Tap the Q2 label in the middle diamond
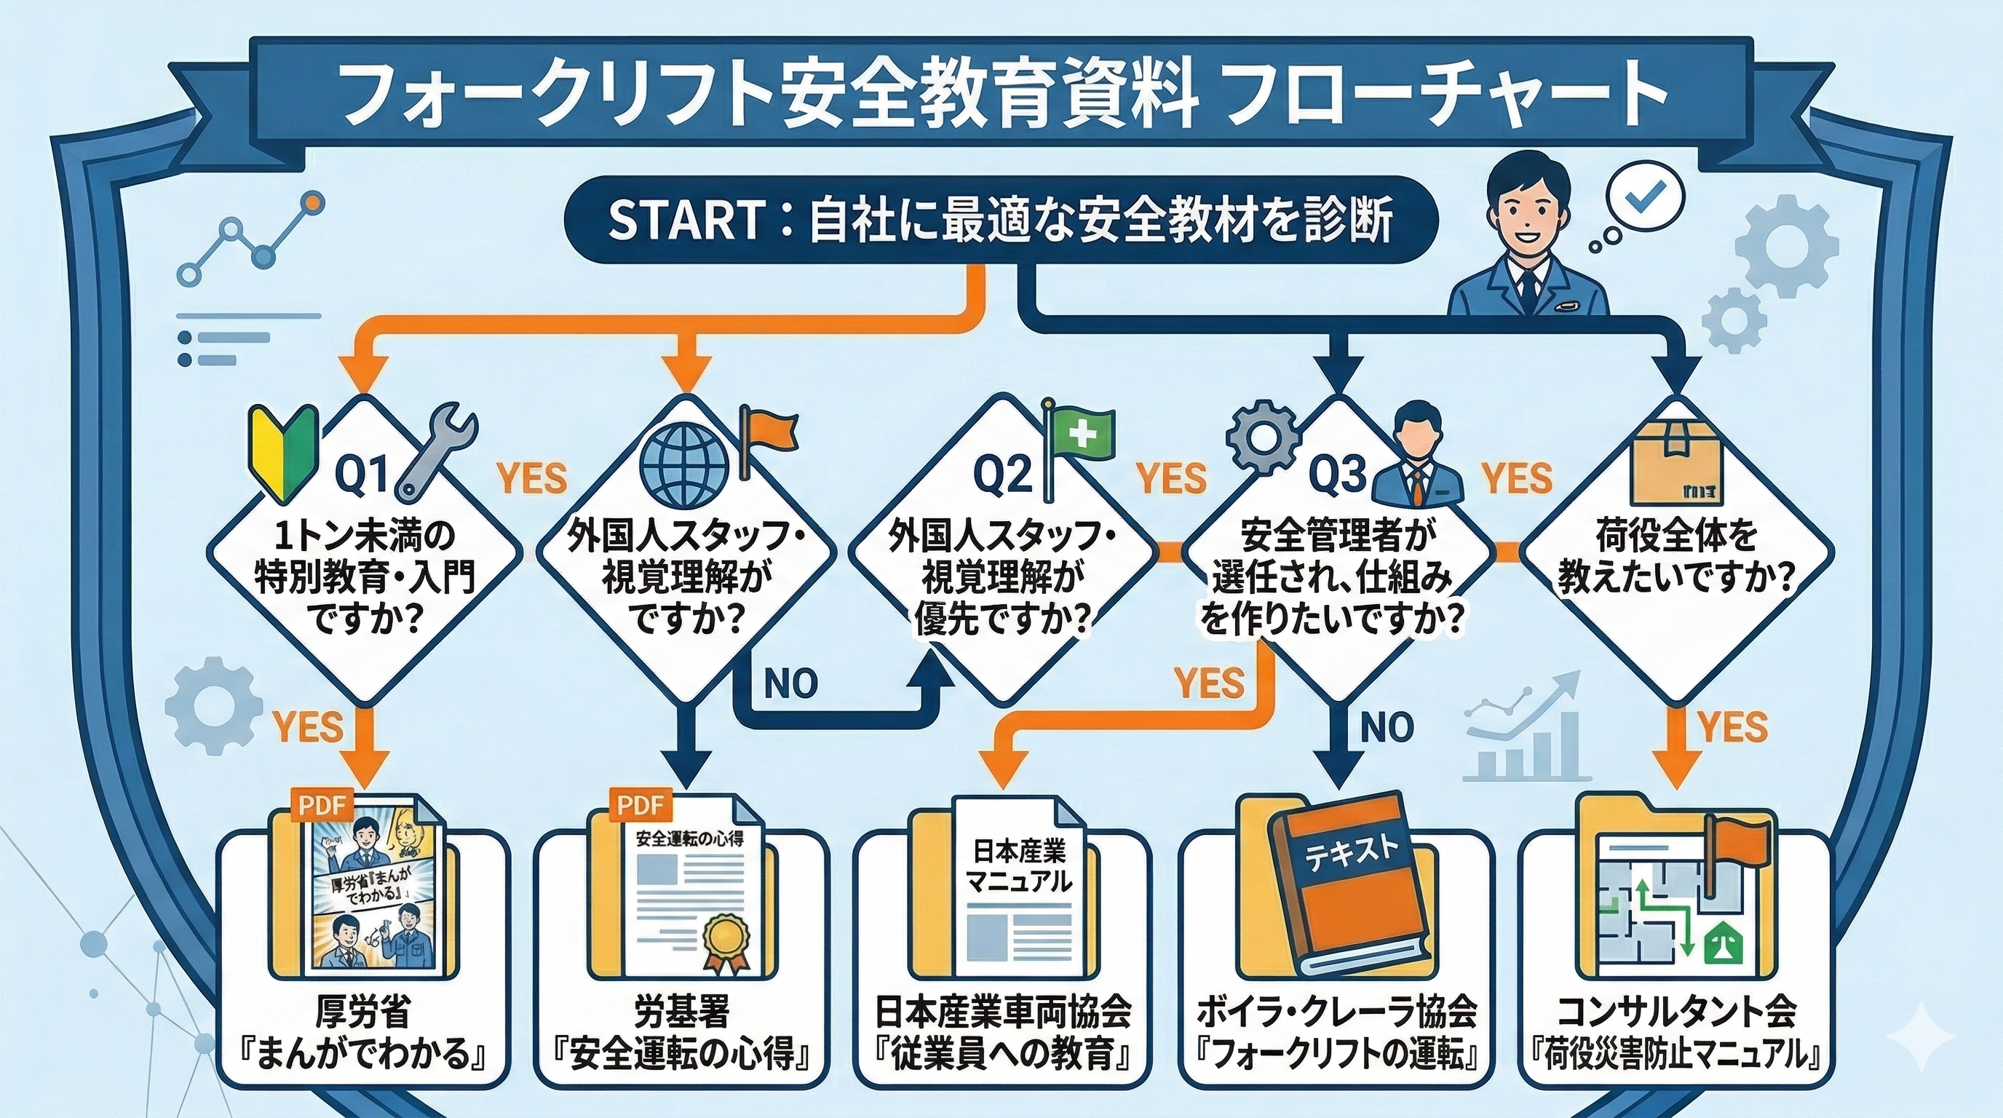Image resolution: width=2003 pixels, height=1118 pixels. pyautogui.click(x=1004, y=475)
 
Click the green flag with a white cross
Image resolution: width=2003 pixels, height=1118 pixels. pyautogui.click(x=1082, y=432)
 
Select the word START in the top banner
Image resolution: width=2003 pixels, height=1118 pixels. pyautogui.click(x=683, y=221)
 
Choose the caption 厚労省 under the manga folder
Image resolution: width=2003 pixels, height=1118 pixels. pyautogui.click(x=363, y=1012)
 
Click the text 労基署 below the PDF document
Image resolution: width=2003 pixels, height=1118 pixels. pyautogui.click(x=682, y=1012)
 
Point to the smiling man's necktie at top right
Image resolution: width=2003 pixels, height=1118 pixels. pyautogui.click(x=1528, y=288)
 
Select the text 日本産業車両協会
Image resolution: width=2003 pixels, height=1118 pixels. pyautogui.click(x=1003, y=1012)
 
